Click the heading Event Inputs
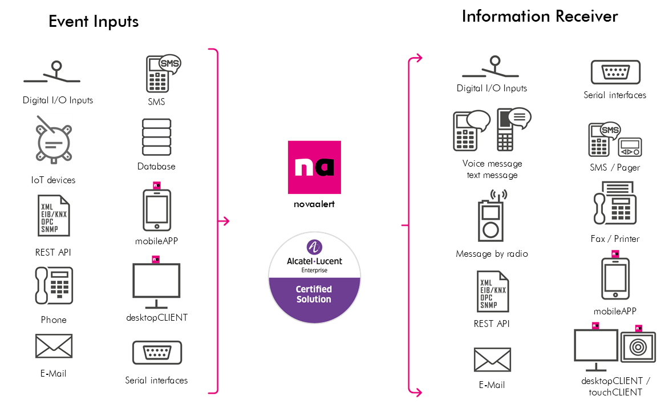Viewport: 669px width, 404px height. click(x=93, y=22)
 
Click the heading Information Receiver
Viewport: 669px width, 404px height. click(x=540, y=16)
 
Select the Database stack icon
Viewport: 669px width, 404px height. click(x=156, y=137)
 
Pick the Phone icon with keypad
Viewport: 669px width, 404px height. click(x=54, y=285)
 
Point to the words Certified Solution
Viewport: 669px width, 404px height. click(x=314, y=294)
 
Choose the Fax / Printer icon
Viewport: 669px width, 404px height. click(x=615, y=203)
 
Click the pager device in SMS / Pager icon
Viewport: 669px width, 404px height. click(x=630, y=147)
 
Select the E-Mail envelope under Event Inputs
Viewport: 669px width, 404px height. click(x=54, y=346)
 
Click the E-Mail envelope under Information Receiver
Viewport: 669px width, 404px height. click(x=492, y=359)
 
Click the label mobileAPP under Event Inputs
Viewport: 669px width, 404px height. click(x=156, y=241)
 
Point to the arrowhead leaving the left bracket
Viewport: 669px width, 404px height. click(x=226, y=221)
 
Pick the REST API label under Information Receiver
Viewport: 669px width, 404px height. click(x=492, y=324)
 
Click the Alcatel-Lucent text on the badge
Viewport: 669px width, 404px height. click(x=314, y=261)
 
